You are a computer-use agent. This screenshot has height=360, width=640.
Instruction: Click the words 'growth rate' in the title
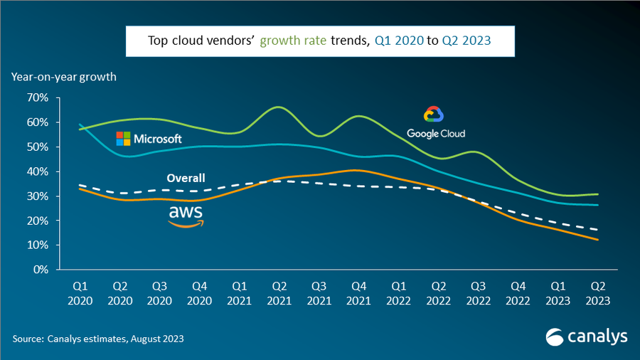(294, 41)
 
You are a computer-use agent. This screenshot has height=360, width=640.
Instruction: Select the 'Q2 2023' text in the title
(466, 41)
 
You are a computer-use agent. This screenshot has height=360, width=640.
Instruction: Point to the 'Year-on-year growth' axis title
(63, 76)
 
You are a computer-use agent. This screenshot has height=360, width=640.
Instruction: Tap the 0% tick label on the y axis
(41, 270)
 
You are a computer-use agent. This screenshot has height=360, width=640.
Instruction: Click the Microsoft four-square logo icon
(123, 138)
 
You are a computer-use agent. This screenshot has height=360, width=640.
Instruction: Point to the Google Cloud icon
(433, 115)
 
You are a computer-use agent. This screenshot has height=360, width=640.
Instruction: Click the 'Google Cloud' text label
(436, 133)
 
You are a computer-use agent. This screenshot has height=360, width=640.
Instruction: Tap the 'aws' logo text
(186, 213)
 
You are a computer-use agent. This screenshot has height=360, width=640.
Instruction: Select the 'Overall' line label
(186, 178)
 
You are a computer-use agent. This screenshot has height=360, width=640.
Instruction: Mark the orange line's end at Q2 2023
(597, 240)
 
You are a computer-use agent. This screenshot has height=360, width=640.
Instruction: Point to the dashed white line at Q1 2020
(79, 185)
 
